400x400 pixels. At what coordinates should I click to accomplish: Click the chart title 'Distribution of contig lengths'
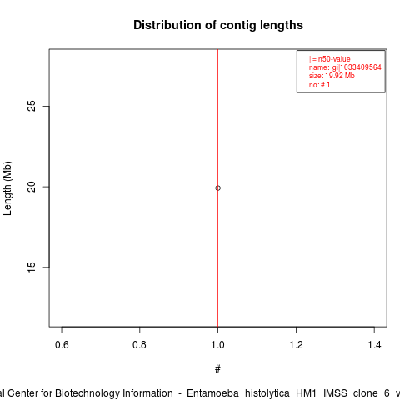[x=218, y=25]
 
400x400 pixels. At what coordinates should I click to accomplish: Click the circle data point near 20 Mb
[x=217, y=188]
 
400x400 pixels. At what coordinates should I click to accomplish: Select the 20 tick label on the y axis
[x=32, y=187]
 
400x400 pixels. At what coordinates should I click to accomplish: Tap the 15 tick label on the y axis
[x=32, y=267]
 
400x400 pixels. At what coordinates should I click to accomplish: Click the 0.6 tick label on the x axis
[x=62, y=345]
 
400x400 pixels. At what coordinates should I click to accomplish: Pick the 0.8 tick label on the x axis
[x=139, y=345]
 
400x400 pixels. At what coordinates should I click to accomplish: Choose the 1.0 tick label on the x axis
[x=217, y=345]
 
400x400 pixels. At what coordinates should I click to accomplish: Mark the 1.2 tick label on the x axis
[x=296, y=345]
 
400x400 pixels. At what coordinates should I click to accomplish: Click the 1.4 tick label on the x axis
[x=374, y=345]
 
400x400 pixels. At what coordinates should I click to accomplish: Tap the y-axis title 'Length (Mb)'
[x=7, y=188]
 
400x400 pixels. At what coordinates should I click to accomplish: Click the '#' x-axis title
[x=217, y=369]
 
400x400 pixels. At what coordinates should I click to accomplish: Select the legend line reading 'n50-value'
[x=329, y=59]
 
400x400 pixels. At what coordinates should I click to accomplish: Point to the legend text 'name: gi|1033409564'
[x=345, y=67]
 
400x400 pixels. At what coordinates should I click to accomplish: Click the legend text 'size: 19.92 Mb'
[x=332, y=76]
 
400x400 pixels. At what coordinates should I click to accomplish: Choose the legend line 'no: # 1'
[x=319, y=85]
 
